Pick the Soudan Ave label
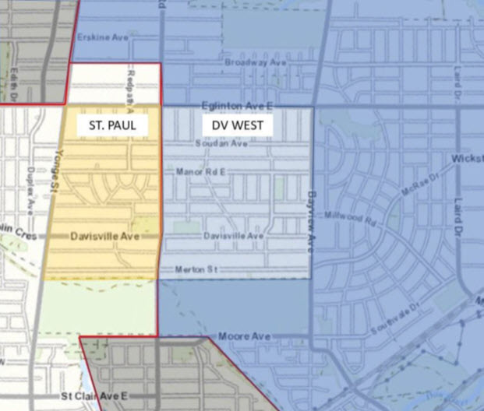[x=222, y=144]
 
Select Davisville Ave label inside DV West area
[x=233, y=235]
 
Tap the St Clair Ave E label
[x=94, y=397]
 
